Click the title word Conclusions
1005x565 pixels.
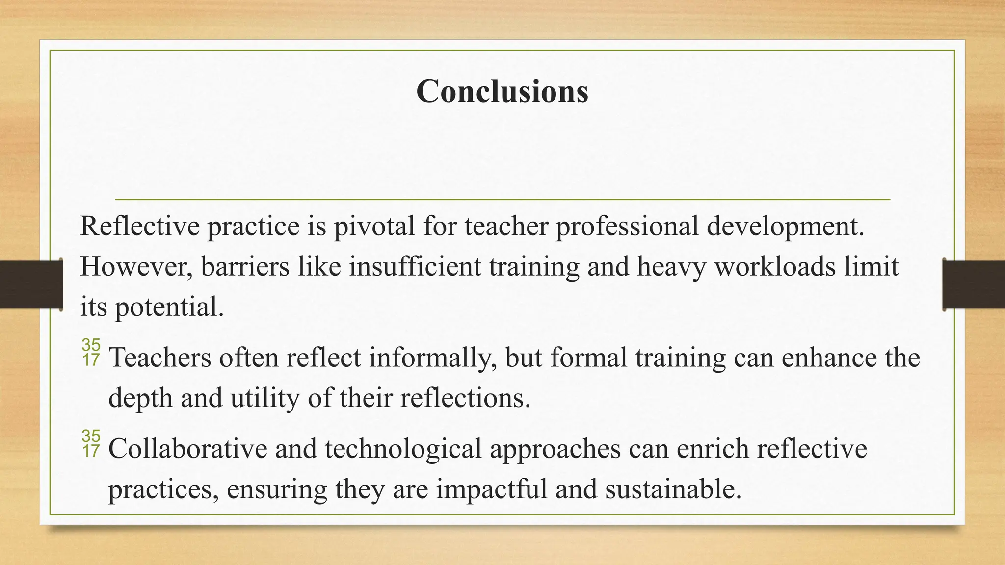tap(502, 91)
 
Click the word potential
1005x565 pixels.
tap(169, 308)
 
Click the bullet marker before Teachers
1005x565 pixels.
tap(91, 353)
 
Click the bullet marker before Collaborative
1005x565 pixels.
tap(91, 443)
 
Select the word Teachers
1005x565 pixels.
tap(159, 358)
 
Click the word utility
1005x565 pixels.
tap(265, 398)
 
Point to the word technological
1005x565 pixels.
tap(403, 449)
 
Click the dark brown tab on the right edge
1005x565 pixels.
tap(974, 284)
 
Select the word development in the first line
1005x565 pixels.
tap(785, 227)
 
